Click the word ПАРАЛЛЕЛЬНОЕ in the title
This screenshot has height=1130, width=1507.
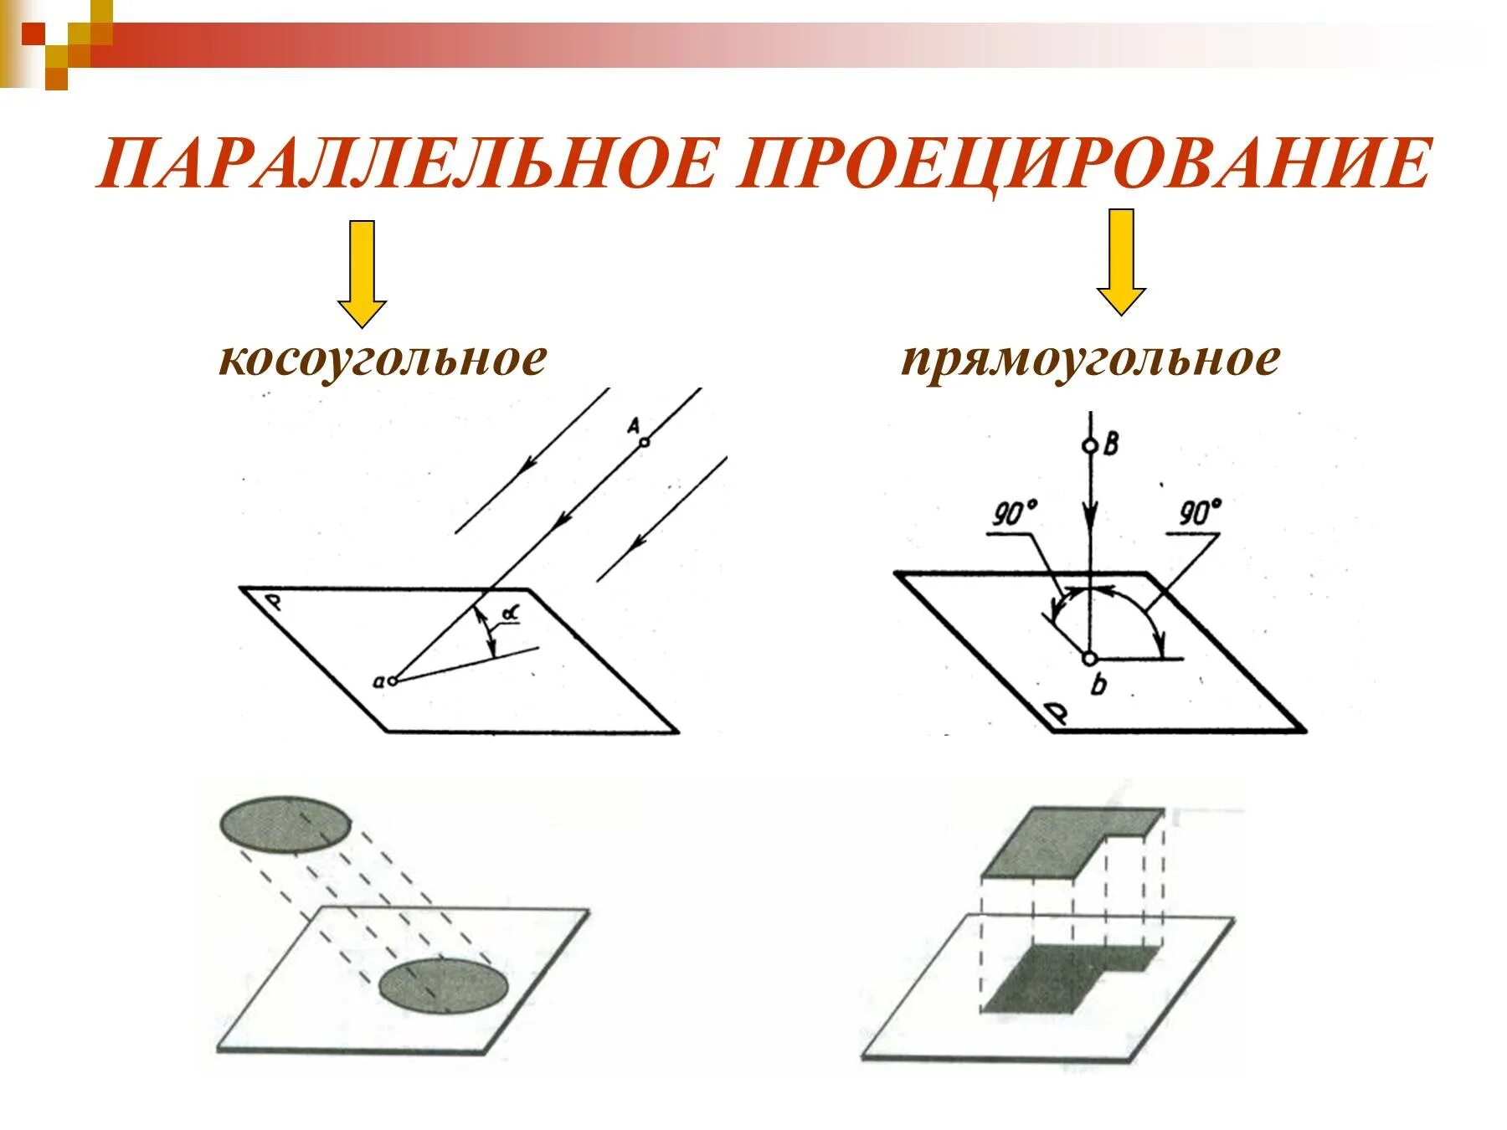408,163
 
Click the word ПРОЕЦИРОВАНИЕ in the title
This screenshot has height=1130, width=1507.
1085,163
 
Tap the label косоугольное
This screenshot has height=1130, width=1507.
382,359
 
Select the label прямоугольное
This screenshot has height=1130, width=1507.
1090,359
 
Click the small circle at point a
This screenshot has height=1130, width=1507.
392,681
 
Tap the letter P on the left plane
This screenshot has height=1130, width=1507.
271,602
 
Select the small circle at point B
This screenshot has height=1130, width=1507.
1090,446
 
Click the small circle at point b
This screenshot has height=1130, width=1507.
1090,659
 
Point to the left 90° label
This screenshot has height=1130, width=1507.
1015,514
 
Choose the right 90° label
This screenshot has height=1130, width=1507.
1200,512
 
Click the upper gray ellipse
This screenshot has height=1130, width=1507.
285,824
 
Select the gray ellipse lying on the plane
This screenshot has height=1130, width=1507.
442,986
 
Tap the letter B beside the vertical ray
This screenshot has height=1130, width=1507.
1111,444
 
